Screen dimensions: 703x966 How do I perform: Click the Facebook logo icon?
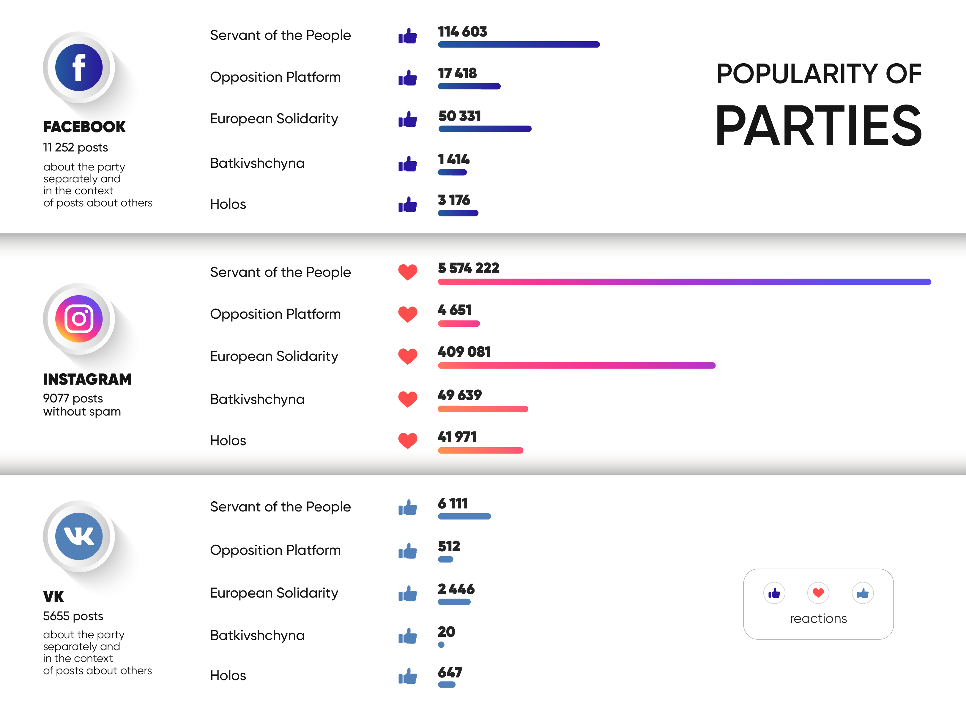[79, 67]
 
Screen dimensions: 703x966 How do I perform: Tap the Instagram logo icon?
[79, 318]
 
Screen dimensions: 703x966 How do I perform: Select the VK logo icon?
[79, 536]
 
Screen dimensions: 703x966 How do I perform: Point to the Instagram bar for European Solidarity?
[576, 365]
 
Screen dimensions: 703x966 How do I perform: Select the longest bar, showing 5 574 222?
[684, 282]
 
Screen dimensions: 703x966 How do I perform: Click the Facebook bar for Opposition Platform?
[469, 86]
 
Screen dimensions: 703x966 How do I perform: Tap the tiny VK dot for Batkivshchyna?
[441, 645]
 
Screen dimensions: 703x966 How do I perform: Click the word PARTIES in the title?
[818, 126]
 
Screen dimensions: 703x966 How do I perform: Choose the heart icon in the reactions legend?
[818, 593]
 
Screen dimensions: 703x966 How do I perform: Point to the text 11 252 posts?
[75, 147]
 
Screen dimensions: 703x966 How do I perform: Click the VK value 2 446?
[456, 589]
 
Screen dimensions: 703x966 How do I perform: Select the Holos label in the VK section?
[228, 675]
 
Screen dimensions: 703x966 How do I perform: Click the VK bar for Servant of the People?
[464, 516]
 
